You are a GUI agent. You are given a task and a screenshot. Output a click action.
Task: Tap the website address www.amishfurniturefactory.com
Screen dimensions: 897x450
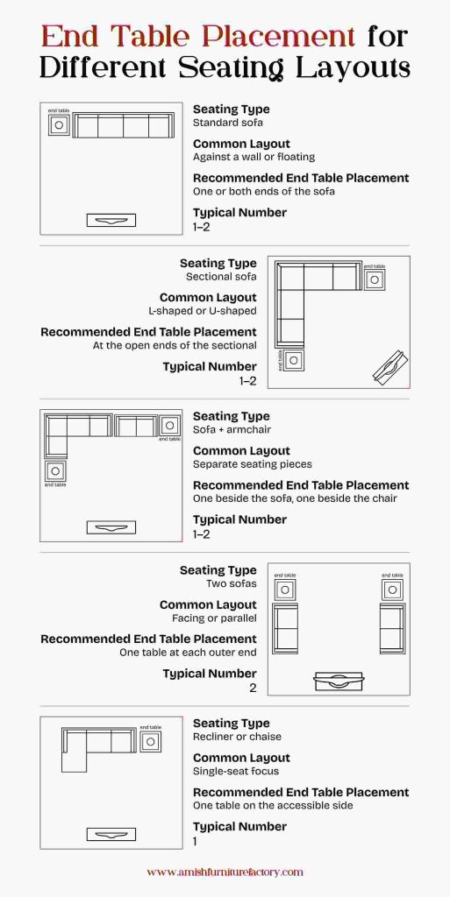click(x=225, y=872)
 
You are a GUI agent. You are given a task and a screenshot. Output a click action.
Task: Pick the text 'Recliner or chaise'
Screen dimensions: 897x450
click(x=237, y=737)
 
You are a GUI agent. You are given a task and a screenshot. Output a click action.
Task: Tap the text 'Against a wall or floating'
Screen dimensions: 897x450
click(x=254, y=157)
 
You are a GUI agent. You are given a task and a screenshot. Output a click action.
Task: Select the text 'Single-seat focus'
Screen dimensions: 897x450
click(x=235, y=771)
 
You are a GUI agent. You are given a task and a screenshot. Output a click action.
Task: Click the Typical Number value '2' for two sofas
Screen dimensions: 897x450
click(x=253, y=688)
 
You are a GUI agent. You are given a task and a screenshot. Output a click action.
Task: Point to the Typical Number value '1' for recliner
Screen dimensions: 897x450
click(x=196, y=841)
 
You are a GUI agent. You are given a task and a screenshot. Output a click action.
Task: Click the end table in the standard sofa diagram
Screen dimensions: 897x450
click(x=59, y=125)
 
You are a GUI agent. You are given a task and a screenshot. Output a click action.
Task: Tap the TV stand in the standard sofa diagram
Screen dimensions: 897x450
click(x=111, y=221)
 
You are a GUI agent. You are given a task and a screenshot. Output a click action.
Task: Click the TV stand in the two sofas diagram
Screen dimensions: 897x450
click(x=339, y=681)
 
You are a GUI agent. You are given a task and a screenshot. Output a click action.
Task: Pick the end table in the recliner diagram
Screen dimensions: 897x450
click(x=150, y=741)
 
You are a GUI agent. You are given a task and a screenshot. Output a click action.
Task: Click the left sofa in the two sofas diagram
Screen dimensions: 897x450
click(x=285, y=627)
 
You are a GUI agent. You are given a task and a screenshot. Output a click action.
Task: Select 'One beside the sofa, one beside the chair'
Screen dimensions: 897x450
click(x=295, y=498)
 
